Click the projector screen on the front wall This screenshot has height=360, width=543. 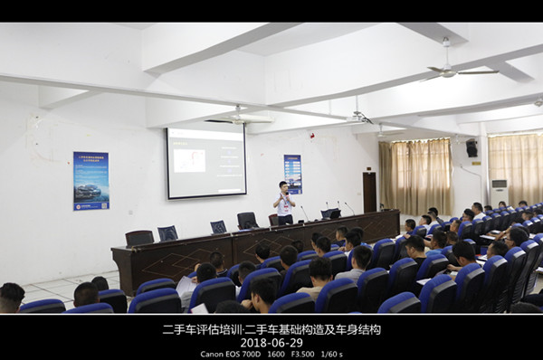point(205,162)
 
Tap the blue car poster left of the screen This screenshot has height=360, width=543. point(90,180)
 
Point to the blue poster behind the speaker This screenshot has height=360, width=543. point(292,174)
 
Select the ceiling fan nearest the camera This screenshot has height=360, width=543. point(457,69)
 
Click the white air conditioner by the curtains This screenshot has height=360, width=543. point(499,193)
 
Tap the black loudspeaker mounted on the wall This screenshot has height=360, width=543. point(471,149)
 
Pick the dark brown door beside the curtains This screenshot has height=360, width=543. point(369,192)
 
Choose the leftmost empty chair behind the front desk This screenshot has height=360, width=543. point(138,238)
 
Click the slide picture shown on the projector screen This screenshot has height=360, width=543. point(189,160)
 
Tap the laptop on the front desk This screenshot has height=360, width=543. point(329,213)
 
